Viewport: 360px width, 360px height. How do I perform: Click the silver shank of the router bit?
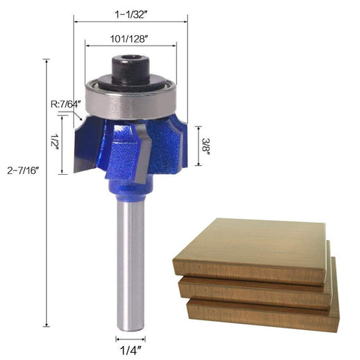pos(131,264)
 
